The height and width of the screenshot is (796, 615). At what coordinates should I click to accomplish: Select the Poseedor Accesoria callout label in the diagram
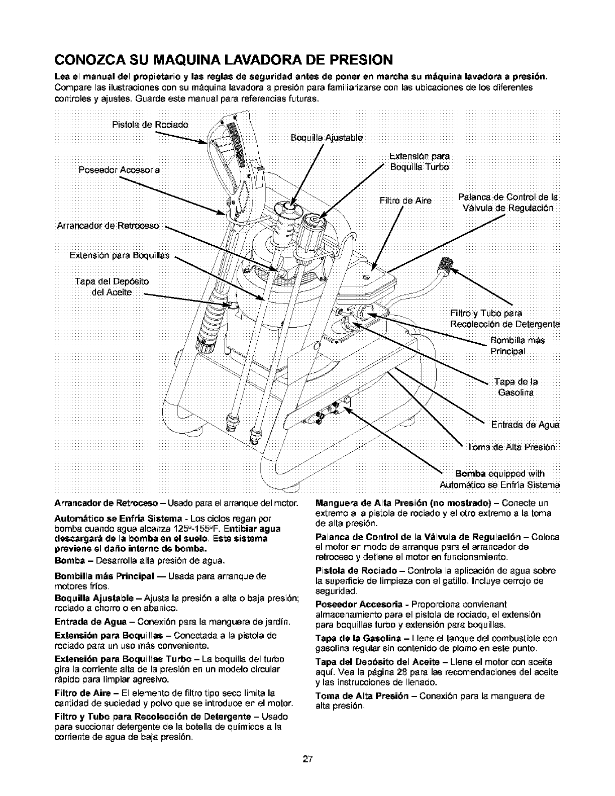[x=119, y=170]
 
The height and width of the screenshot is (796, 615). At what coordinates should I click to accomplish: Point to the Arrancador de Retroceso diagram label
[x=105, y=226]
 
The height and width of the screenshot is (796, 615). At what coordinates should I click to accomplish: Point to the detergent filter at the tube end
[x=445, y=263]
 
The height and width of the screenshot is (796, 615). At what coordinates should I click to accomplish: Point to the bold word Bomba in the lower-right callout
[x=470, y=474]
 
